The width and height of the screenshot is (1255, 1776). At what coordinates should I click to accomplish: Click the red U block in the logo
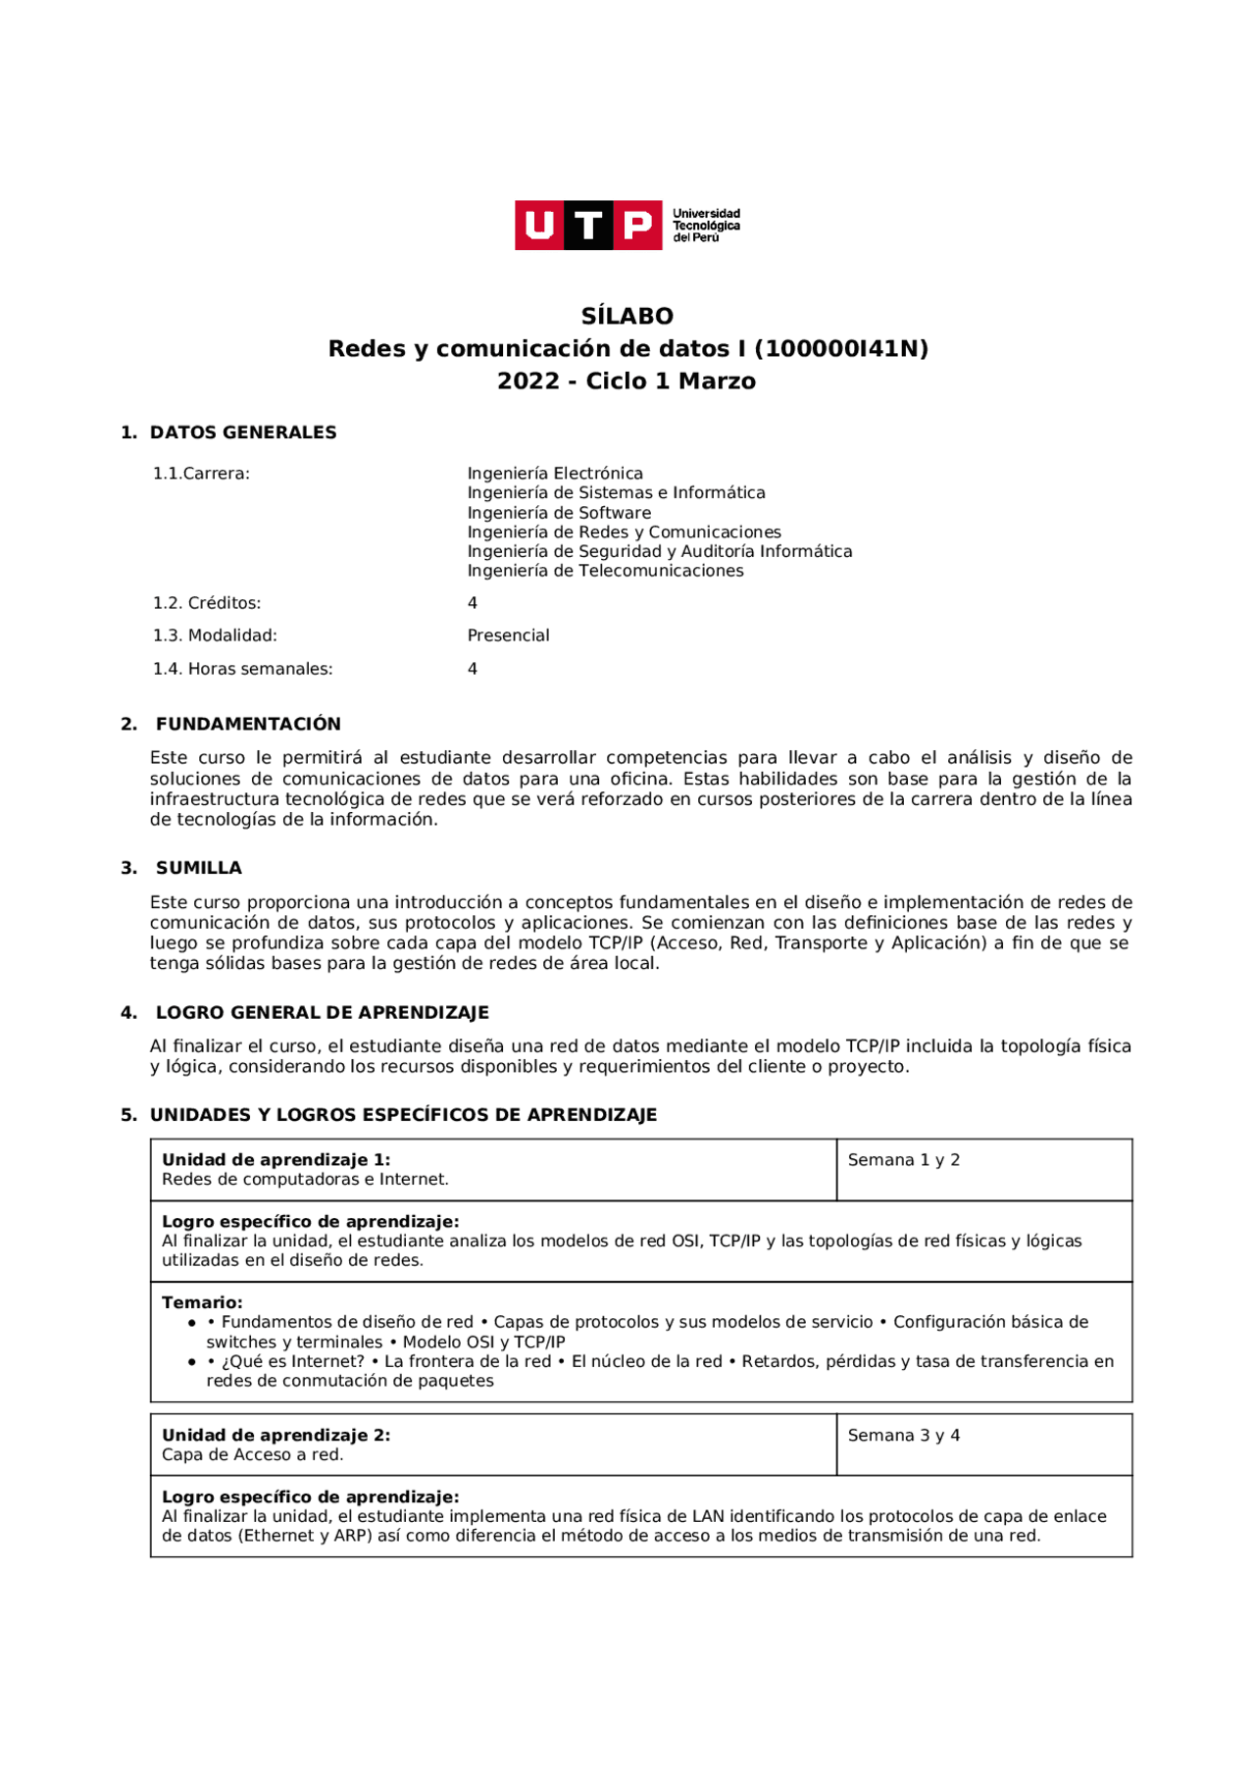[539, 226]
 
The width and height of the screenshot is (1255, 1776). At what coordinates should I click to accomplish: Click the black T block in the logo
[588, 226]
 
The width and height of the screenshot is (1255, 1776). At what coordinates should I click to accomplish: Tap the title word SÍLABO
[627, 316]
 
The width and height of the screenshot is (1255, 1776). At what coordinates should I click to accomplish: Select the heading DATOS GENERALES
[243, 432]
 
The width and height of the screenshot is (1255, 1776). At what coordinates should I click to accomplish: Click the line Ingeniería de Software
[559, 513]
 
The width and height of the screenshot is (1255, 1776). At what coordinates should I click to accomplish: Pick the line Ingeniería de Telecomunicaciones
[605, 571]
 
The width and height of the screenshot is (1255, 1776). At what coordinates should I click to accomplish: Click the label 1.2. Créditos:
[207, 603]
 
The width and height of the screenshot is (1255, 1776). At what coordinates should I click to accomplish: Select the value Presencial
[508, 635]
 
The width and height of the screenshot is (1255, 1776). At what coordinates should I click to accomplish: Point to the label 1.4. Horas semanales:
[243, 669]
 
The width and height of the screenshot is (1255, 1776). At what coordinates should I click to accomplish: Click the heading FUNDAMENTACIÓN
[248, 724]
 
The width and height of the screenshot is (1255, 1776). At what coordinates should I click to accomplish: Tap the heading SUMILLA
[199, 868]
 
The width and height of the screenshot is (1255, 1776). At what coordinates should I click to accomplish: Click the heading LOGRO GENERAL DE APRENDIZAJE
[323, 1012]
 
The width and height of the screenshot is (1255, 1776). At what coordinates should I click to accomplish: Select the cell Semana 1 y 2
[904, 1160]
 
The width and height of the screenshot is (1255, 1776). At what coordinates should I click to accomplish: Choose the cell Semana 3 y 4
[904, 1436]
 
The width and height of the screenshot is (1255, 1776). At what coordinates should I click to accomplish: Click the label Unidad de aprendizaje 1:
[276, 1160]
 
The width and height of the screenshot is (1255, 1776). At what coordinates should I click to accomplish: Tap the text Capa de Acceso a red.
[253, 1455]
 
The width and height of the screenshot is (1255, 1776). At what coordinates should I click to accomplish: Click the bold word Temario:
[202, 1302]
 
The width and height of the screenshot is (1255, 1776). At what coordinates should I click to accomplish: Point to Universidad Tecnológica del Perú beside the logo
[706, 226]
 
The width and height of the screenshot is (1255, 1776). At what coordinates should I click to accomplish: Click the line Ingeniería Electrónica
[555, 474]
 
